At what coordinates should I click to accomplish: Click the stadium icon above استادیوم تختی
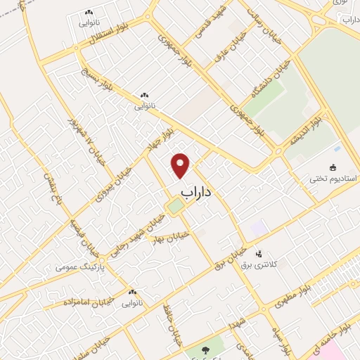(x=333, y=167)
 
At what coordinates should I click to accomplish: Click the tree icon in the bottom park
(x=205, y=349)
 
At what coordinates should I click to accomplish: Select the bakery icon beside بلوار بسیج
(x=144, y=95)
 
